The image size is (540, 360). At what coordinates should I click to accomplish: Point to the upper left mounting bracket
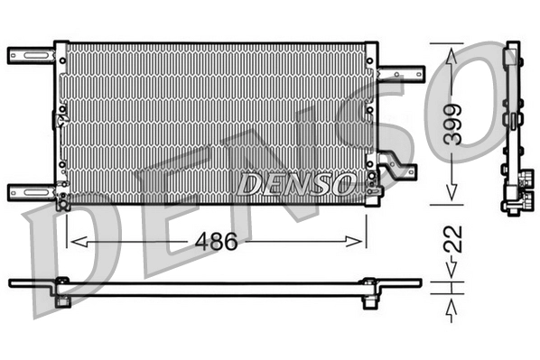coord(31,55)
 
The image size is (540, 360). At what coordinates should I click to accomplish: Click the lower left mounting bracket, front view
coord(31,191)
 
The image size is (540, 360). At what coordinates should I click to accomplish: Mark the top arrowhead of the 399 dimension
coord(452,54)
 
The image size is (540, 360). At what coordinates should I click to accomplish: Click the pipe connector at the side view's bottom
coord(513,200)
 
